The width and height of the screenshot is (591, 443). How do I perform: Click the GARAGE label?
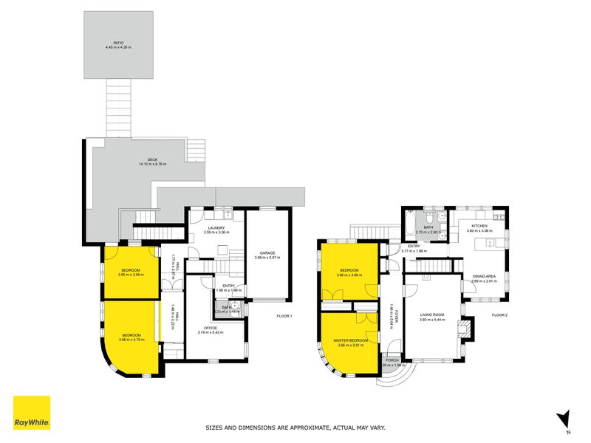pos(267,253)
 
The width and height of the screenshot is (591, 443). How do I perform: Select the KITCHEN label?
pos(479,227)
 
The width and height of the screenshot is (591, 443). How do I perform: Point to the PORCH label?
pos(392,360)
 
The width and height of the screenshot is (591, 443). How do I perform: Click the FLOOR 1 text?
pos(284,316)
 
